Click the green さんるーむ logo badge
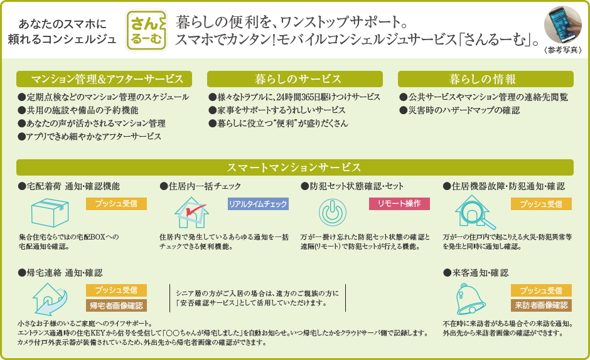tap(146, 31)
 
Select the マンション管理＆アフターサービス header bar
tap(104, 79)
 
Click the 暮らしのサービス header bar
tap(294, 79)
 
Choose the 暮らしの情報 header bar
tap(485, 79)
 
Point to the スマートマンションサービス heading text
tap(294, 167)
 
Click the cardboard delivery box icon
tap(50, 213)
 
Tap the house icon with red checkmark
tap(191, 213)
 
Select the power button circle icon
tap(333, 213)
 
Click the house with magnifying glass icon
tap(475, 212)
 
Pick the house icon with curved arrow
tap(50, 299)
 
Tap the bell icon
tap(470, 299)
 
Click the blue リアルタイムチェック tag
tap(258, 204)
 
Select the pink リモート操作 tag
tap(399, 204)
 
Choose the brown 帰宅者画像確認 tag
tap(116, 305)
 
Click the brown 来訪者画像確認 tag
tap(541, 305)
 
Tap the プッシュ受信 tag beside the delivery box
tap(116, 204)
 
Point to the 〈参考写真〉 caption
tap(563, 50)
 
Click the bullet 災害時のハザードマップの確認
tap(459, 110)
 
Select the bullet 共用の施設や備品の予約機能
tap(78, 110)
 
